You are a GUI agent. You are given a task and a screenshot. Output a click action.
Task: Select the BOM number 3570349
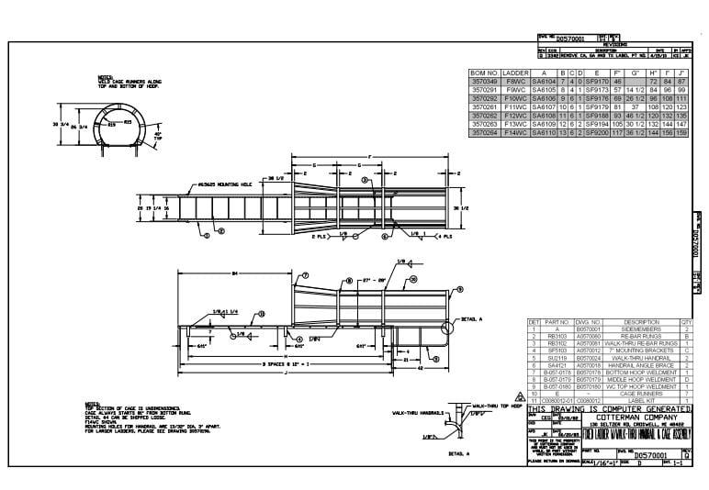click(x=484, y=81)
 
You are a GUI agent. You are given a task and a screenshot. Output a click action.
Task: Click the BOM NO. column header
click(x=484, y=72)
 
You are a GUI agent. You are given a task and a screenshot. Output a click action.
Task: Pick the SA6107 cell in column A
click(x=545, y=108)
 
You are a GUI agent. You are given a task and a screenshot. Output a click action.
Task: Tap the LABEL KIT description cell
click(x=641, y=401)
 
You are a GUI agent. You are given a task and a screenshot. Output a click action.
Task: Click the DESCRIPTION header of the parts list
click(x=641, y=322)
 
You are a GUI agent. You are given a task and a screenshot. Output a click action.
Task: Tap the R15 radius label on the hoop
click(x=111, y=121)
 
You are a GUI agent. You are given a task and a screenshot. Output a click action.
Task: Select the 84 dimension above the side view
click(x=236, y=272)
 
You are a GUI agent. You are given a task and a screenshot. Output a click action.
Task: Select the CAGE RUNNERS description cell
click(x=641, y=394)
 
